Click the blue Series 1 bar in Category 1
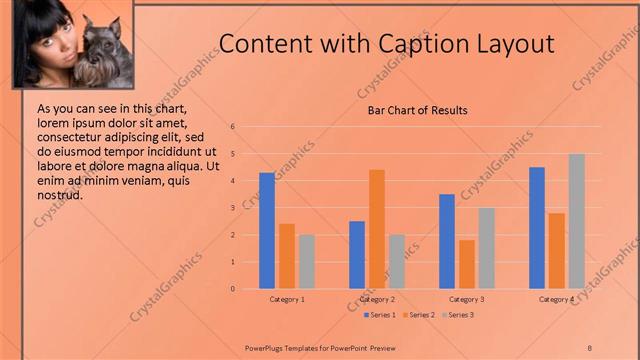point(267,231)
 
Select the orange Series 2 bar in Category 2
point(377,229)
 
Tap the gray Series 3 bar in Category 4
point(577,221)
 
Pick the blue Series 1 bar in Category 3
point(447,241)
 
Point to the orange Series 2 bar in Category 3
point(467,264)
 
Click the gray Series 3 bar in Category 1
point(307,261)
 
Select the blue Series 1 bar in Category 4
point(537,228)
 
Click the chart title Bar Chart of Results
point(411,110)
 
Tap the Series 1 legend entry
point(380,316)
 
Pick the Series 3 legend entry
point(457,316)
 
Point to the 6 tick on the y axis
point(232,127)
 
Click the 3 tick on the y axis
point(232,208)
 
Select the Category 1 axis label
point(287,299)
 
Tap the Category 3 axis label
point(467,299)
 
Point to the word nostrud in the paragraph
point(59,195)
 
